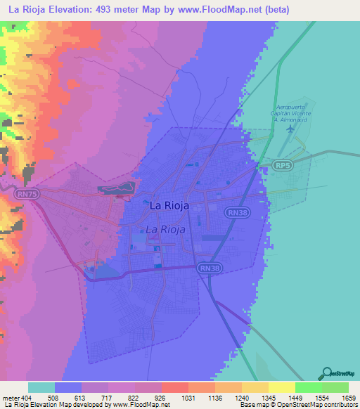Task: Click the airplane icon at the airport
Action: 288,129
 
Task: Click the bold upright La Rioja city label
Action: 168,206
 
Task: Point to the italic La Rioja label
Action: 165,229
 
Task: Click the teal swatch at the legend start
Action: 41,387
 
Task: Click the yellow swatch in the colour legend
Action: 281,387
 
